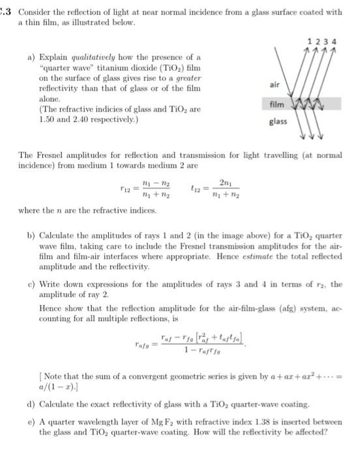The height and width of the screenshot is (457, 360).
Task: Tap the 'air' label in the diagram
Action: (276, 84)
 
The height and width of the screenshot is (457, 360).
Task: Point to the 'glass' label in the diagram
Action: (277, 122)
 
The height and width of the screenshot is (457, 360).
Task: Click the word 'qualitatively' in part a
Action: (81, 58)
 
